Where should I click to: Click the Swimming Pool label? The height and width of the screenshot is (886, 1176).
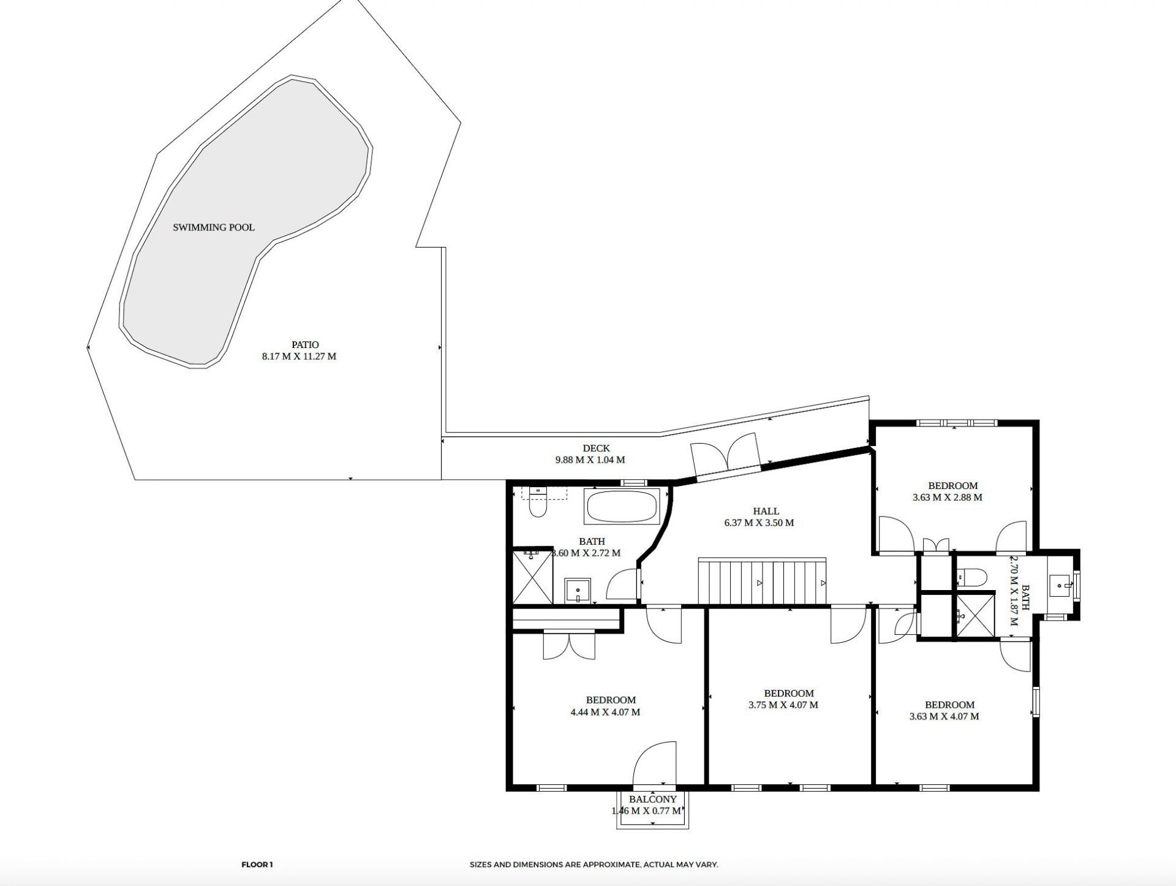(213, 227)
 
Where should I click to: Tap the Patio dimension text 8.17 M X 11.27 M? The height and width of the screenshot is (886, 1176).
(299, 356)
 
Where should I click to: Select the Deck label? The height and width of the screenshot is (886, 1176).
(596, 449)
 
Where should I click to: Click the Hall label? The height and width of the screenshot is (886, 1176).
(766, 511)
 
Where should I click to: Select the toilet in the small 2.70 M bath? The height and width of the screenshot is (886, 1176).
(971, 577)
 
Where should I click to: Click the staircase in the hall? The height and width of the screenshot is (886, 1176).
(763, 581)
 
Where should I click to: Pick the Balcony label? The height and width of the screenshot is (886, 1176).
(652, 799)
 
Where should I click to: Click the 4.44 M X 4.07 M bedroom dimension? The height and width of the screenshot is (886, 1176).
(605, 712)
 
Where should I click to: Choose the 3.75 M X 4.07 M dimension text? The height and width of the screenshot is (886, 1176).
(783, 705)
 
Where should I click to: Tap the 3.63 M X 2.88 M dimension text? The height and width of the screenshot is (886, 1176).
(947, 498)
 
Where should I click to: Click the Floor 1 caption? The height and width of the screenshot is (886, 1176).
(257, 865)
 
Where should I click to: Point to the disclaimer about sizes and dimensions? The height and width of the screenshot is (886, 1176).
(594, 865)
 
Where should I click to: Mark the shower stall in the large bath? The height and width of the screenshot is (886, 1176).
(533, 576)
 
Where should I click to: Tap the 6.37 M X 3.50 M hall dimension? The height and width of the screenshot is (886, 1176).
(759, 523)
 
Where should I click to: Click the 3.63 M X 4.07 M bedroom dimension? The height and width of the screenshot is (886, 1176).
(944, 716)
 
